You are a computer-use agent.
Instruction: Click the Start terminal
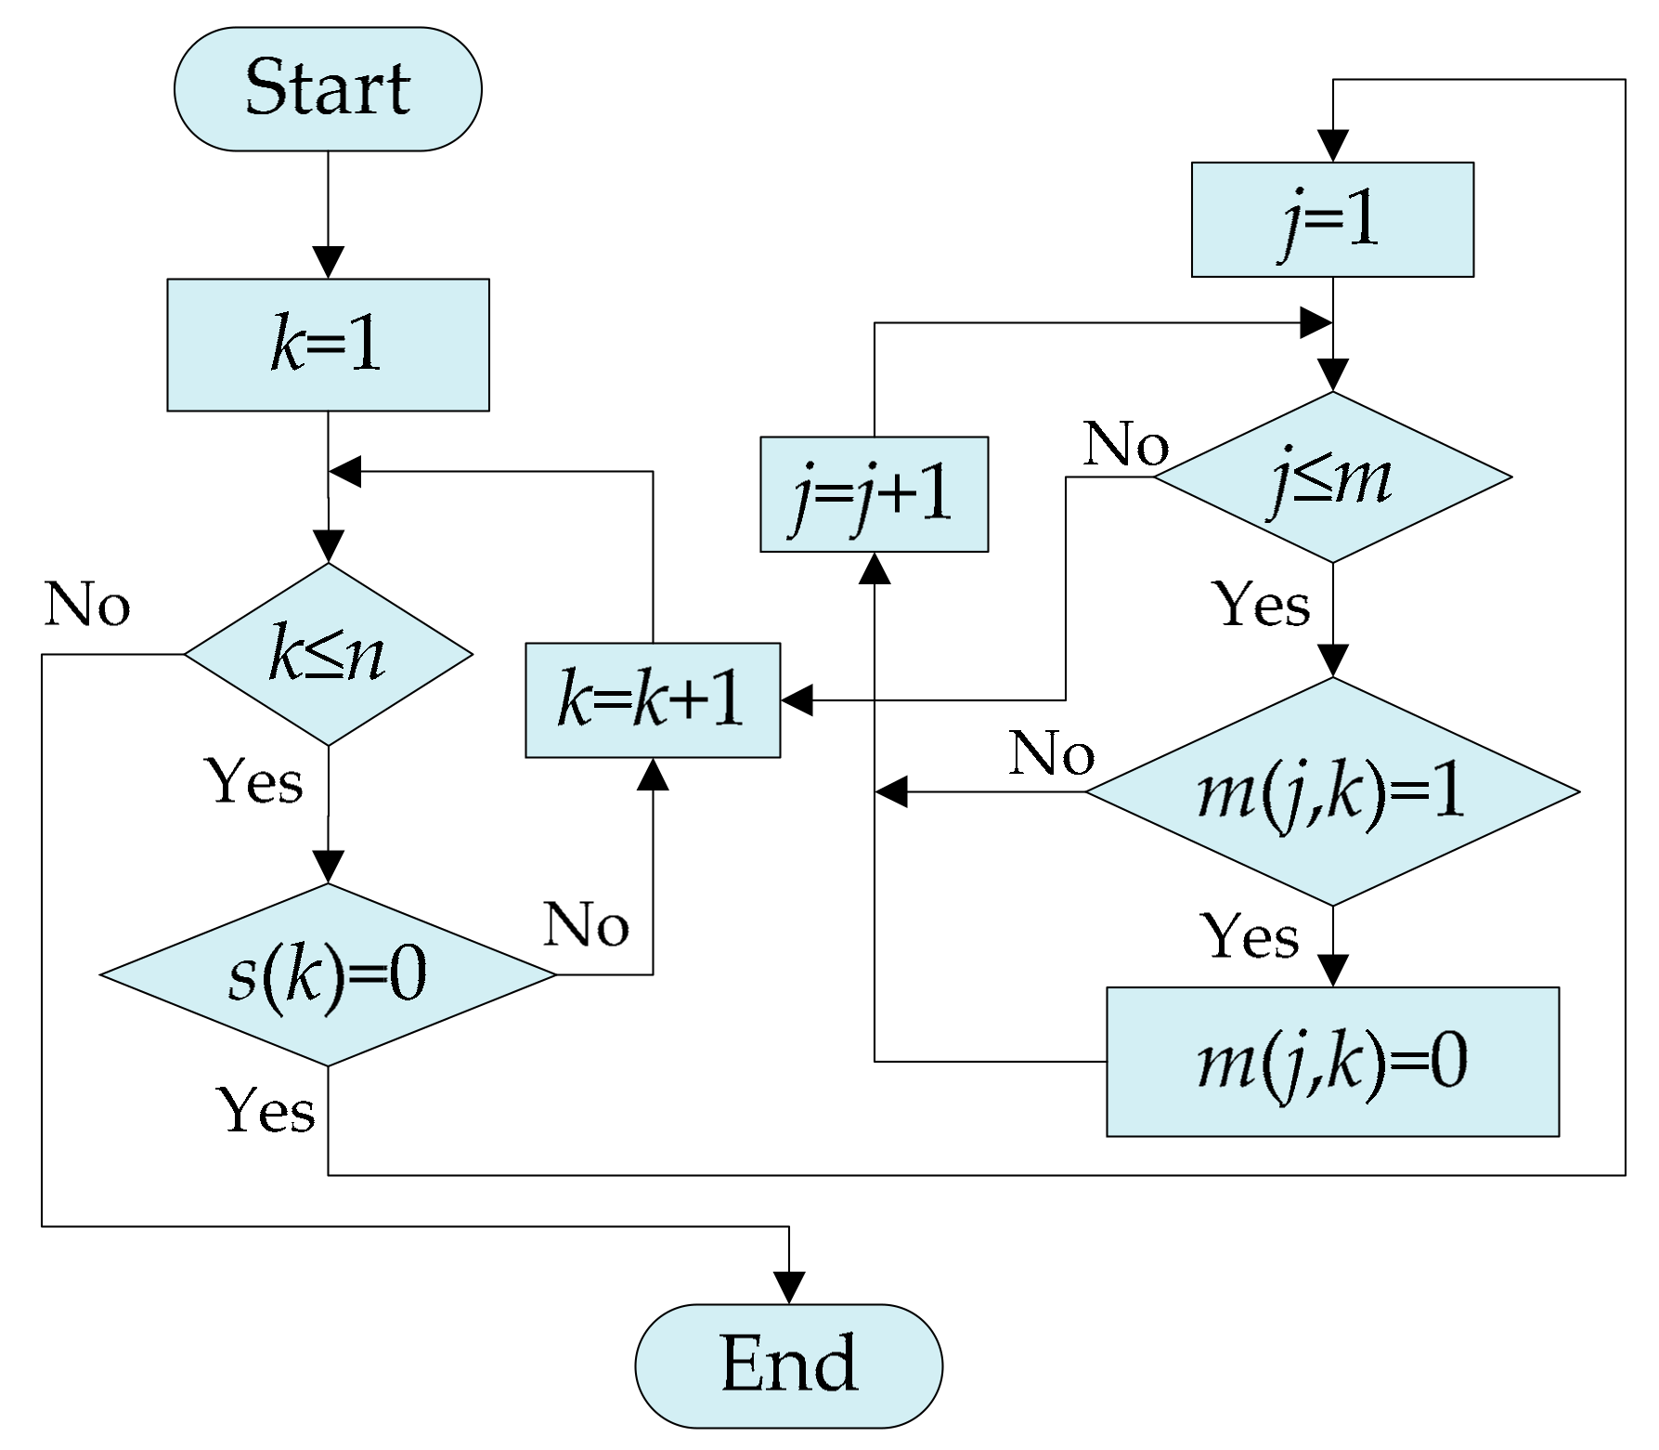click(x=328, y=89)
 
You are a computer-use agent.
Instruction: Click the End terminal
click(x=788, y=1365)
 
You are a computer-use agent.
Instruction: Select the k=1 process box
click(x=328, y=345)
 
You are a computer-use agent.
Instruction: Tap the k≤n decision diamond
click(x=328, y=654)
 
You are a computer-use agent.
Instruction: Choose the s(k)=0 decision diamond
click(x=328, y=974)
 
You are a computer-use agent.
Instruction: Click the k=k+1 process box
click(x=652, y=700)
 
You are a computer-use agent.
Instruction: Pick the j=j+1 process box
click(x=874, y=494)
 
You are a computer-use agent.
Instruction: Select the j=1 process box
click(x=1332, y=220)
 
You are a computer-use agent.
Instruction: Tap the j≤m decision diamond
click(x=1332, y=477)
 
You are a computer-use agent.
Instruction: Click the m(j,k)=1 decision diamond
click(x=1332, y=792)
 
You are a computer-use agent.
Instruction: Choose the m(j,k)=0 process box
click(x=1332, y=1062)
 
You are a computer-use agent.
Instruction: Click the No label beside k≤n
click(x=87, y=605)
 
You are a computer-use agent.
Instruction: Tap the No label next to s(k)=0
click(x=586, y=925)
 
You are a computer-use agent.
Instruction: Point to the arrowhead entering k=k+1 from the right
click(x=797, y=700)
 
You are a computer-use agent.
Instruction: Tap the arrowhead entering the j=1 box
click(x=1332, y=147)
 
